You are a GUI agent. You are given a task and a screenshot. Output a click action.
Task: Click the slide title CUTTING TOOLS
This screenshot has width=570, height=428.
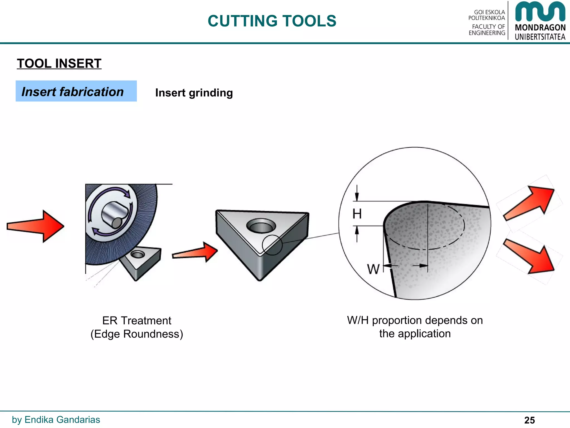(x=272, y=21)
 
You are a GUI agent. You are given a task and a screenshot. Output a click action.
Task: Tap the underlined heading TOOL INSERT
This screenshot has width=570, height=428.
(x=59, y=64)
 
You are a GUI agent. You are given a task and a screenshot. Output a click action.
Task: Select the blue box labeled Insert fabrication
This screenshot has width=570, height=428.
(x=76, y=91)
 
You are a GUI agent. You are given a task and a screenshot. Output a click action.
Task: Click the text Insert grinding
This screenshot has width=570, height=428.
(x=194, y=93)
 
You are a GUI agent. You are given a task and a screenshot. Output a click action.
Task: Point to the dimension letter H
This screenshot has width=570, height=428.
(x=357, y=214)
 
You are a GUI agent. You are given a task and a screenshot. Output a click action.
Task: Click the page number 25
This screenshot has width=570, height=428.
(x=529, y=420)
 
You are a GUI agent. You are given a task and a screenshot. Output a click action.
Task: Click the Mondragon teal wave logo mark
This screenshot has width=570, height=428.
(x=540, y=12)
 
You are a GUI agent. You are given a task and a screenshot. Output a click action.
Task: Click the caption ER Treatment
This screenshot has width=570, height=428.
(x=137, y=321)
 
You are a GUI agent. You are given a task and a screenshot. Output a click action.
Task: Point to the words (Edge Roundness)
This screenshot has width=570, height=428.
(x=137, y=334)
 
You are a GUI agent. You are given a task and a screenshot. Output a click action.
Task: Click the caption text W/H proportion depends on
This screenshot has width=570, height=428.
(x=415, y=320)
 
